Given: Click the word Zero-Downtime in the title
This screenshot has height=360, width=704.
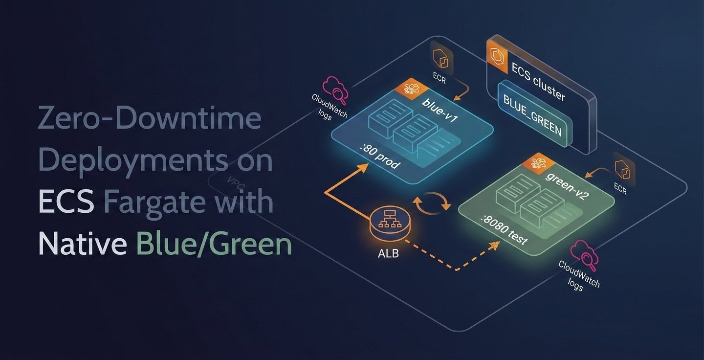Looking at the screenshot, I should pos(149,119).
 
